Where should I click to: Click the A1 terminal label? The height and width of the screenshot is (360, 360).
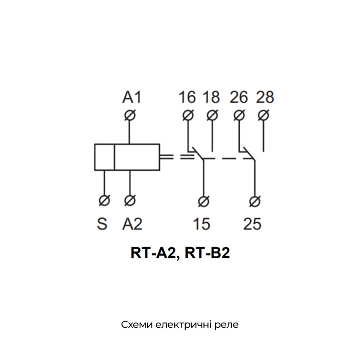(x=132, y=97)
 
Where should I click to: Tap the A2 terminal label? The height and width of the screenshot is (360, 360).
(x=132, y=224)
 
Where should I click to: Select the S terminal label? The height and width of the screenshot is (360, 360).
(x=102, y=224)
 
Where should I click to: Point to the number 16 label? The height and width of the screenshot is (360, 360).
(x=187, y=97)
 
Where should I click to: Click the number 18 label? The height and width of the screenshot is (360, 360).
(x=211, y=97)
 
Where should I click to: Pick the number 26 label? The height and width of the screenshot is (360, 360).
(x=239, y=97)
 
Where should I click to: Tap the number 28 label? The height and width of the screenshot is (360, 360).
(x=265, y=97)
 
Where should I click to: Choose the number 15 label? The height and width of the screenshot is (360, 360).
(x=202, y=224)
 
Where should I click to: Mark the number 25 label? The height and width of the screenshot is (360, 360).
(x=252, y=224)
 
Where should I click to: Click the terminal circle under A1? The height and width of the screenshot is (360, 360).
(x=130, y=115)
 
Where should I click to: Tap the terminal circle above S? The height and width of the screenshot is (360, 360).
(x=104, y=200)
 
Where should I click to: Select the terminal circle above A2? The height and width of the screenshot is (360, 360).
(x=130, y=200)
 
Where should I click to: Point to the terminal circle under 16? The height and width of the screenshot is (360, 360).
(x=188, y=115)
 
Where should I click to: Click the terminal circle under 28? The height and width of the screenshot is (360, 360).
(x=263, y=115)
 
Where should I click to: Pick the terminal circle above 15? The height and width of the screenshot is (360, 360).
(x=204, y=202)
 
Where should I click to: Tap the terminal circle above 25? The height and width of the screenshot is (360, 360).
(x=255, y=202)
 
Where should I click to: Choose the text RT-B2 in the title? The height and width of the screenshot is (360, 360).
(x=207, y=253)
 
